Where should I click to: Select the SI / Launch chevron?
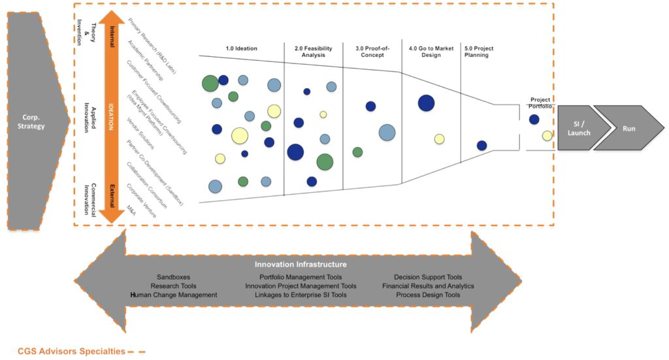coord(578,129)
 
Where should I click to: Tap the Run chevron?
coord(628,129)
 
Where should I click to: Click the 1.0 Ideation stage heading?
coord(241,48)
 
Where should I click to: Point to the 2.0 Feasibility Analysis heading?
coord(313,52)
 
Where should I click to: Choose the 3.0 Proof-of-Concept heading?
coord(372,52)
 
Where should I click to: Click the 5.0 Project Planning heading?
coord(480,52)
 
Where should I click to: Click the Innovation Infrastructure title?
coord(301,265)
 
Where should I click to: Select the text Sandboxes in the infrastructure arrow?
coord(174,277)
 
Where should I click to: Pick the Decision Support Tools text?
coord(428,277)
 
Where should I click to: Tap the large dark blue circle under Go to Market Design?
coord(426,103)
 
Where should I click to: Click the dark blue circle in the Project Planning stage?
coord(481,146)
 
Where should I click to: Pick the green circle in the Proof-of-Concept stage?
coord(357,152)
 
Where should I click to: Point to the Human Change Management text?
coord(174,295)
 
